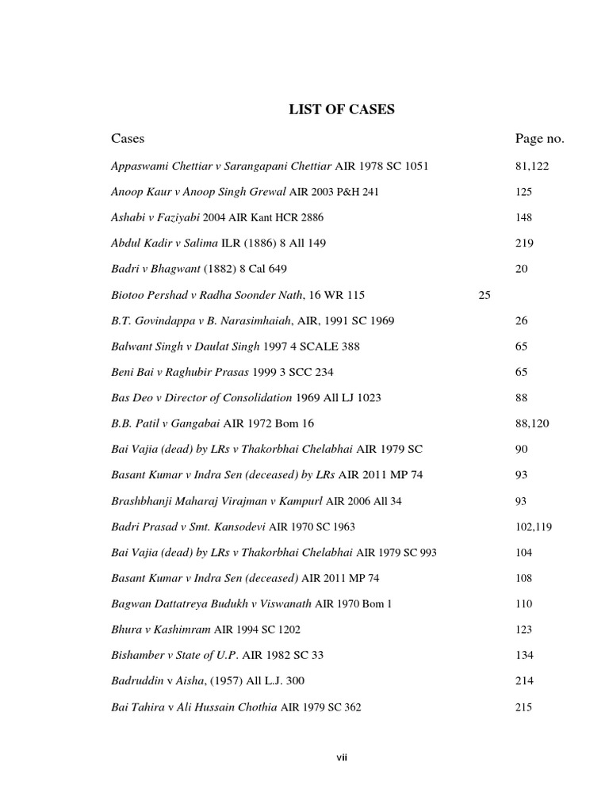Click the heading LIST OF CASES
(x=341, y=109)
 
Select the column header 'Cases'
(x=128, y=139)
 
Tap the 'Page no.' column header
(x=540, y=139)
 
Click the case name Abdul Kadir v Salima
(x=164, y=243)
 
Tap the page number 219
(x=523, y=243)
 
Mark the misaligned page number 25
(x=485, y=295)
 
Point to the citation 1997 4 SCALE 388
(x=264, y=347)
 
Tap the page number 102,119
(x=533, y=527)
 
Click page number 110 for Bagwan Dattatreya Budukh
(x=523, y=604)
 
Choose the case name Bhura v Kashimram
(x=161, y=630)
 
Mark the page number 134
(x=523, y=655)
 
